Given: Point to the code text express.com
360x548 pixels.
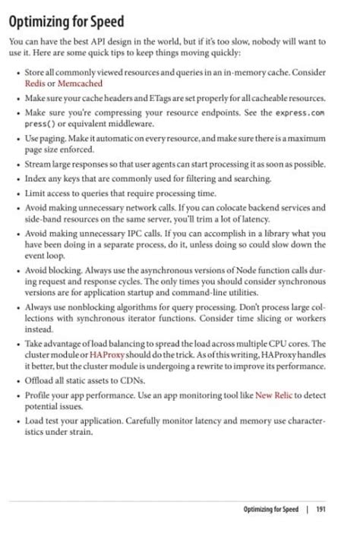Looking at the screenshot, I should [300, 112].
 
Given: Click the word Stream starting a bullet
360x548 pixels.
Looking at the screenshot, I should [39, 164].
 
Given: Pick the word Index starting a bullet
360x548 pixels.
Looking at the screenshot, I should [36, 178].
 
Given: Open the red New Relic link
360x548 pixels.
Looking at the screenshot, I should [273, 395].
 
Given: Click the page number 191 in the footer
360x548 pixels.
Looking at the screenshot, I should [321, 509].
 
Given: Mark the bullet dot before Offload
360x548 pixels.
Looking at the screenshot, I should [17, 380].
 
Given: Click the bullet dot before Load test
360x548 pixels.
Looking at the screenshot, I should [17, 420].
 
